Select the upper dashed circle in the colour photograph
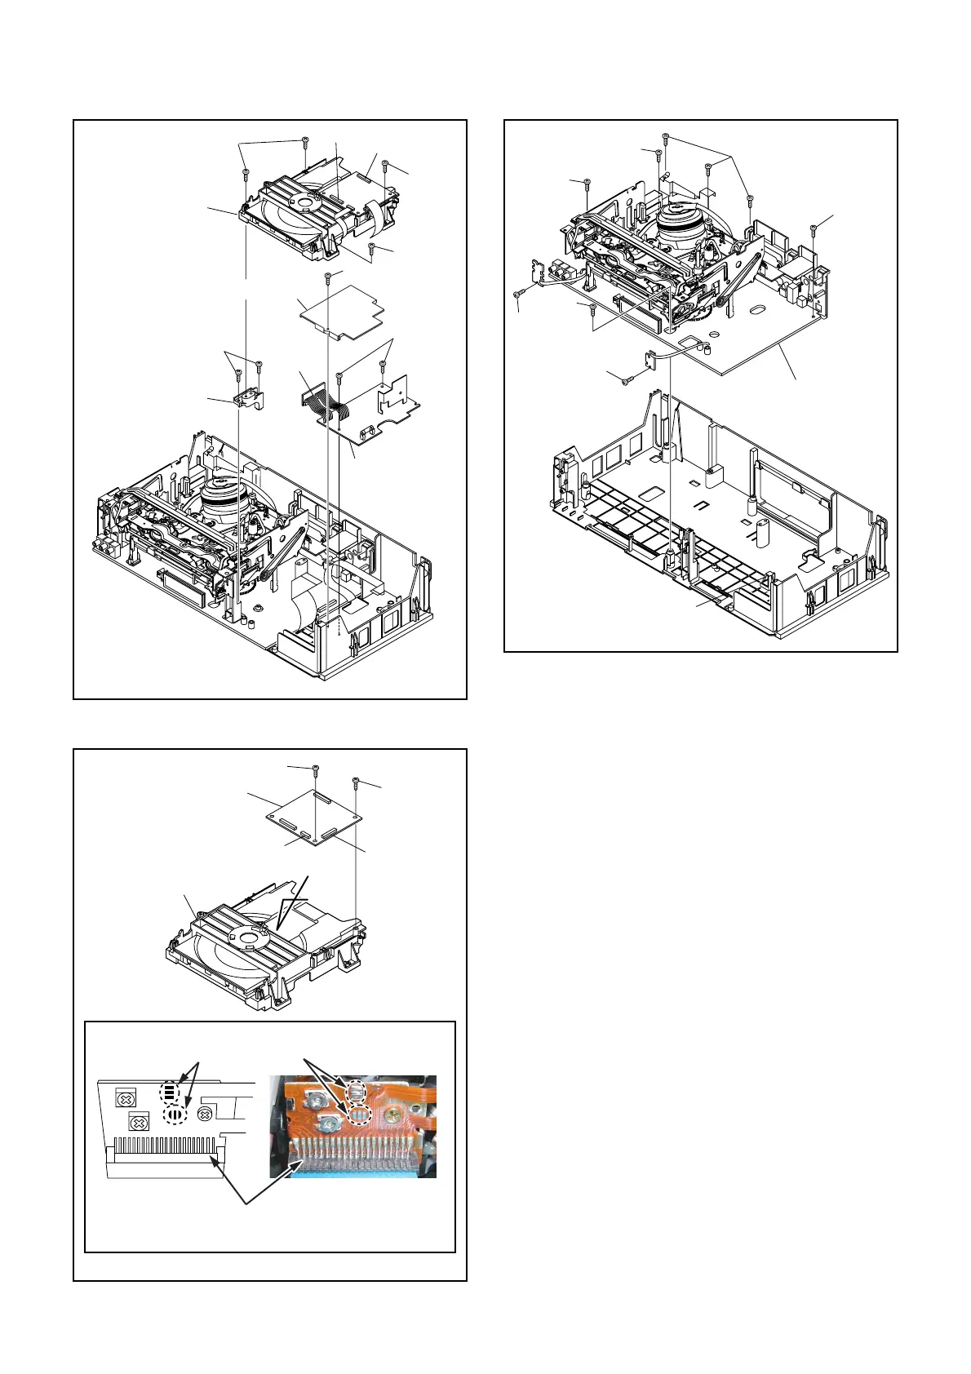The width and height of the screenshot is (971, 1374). [x=357, y=1091]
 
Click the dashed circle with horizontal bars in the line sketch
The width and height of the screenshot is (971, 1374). [x=167, y=1092]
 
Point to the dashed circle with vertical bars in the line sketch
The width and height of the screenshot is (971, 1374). [x=175, y=1114]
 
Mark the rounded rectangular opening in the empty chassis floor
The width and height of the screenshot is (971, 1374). [x=653, y=494]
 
